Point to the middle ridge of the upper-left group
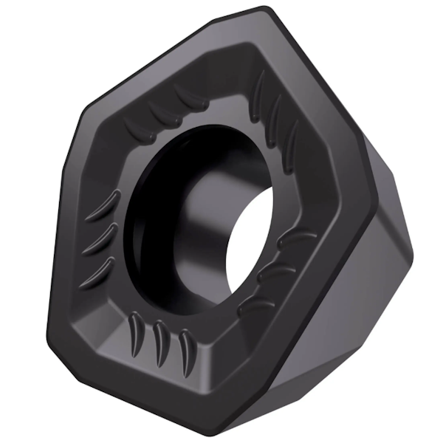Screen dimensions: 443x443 [x=159, y=110]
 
